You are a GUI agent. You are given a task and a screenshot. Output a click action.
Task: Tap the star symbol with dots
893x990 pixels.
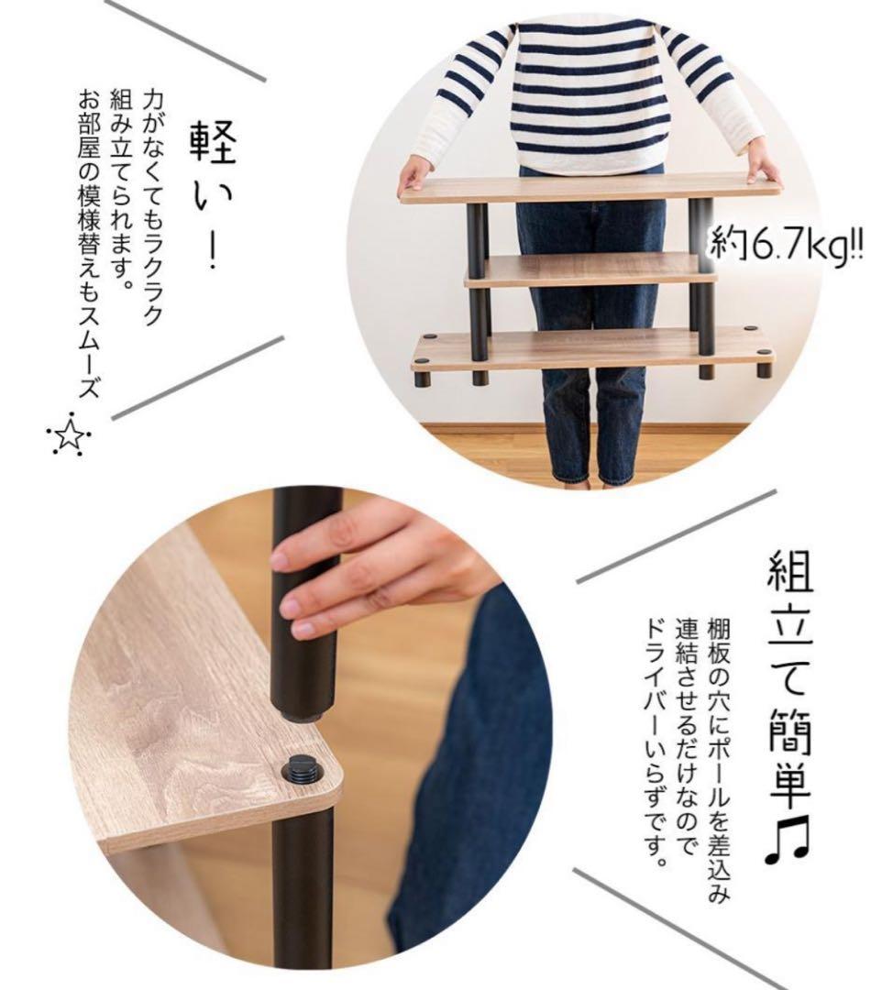coord(70,434)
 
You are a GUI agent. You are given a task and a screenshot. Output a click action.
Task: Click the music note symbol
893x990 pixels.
coord(788,839)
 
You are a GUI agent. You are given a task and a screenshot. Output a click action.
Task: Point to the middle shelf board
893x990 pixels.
coord(591,270)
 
